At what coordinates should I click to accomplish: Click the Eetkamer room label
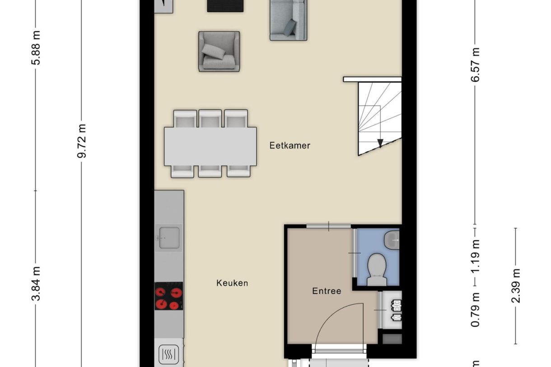290,145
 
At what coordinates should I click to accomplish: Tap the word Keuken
232,283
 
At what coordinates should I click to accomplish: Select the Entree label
327,291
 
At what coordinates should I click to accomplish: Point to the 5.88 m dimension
36,48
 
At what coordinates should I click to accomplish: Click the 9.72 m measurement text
82,141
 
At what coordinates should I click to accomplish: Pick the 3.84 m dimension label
36,283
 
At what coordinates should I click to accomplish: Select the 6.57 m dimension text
475,65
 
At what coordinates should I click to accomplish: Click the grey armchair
219,51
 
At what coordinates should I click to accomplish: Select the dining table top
210,146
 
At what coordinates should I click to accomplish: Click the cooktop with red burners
169,297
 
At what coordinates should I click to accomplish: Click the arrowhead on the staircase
380,143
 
